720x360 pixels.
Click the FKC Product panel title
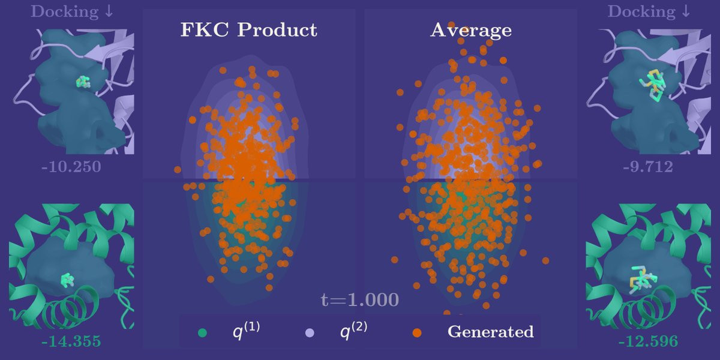click(x=249, y=30)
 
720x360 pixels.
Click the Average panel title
click(x=471, y=30)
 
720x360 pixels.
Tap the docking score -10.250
click(x=71, y=166)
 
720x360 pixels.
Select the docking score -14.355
click(x=71, y=341)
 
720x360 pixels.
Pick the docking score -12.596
click(x=648, y=341)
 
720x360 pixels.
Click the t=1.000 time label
click(x=359, y=299)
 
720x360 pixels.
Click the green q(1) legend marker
click(x=202, y=332)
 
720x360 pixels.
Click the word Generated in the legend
click(x=490, y=331)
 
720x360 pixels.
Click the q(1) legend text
click(x=245, y=331)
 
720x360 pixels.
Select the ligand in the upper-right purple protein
click(x=652, y=85)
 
